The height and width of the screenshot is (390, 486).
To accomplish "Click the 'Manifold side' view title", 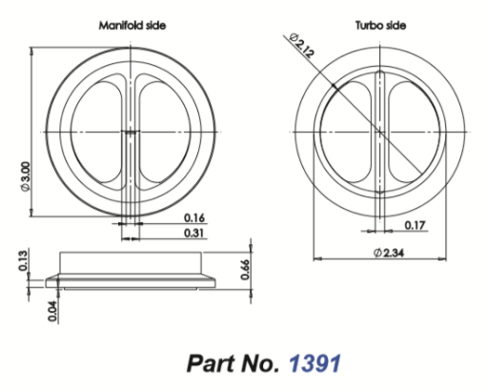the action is pyautogui.click(x=132, y=25).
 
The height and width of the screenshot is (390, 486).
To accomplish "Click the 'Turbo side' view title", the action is pyautogui.click(x=380, y=25).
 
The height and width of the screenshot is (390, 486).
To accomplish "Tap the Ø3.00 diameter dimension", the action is pyautogui.click(x=26, y=176).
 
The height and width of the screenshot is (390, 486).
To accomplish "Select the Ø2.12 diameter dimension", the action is pyautogui.click(x=302, y=46).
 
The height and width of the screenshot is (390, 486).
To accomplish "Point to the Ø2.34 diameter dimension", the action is pyautogui.click(x=389, y=253).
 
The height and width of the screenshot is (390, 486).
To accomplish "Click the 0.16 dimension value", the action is pyautogui.click(x=194, y=218).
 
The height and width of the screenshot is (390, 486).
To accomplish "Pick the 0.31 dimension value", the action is pyautogui.click(x=194, y=233).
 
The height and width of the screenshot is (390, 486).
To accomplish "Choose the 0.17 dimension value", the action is pyautogui.click(x=415, y=225).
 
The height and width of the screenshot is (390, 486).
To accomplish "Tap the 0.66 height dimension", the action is pyautogui.click(x=245, y=270).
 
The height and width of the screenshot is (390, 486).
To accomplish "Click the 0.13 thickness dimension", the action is pyautogui.click(x=23, y=260).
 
